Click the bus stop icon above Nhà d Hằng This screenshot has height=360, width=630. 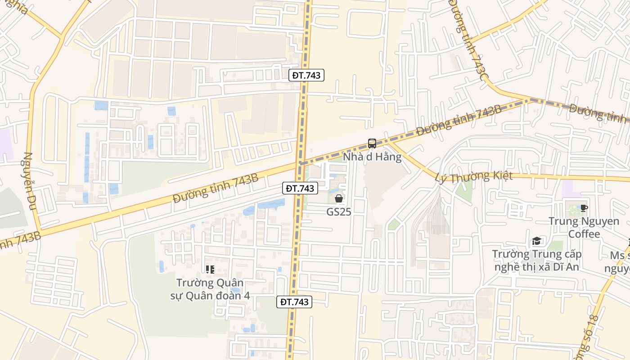372,144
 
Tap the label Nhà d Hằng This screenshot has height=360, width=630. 372,157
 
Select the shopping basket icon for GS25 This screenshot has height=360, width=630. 339,198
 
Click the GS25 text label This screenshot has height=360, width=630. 339,211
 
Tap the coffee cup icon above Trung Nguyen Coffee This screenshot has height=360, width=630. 584,207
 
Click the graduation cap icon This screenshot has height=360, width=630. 536,241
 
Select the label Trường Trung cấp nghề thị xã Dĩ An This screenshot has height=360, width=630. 536,261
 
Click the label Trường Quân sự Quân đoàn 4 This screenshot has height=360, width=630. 210,289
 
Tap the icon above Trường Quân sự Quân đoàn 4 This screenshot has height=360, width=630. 210,270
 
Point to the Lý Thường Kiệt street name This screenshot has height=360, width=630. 474,176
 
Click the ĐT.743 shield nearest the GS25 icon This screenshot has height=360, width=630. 300,188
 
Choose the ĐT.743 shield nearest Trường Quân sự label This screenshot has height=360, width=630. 294,302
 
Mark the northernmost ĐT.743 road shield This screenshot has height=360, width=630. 306,75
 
